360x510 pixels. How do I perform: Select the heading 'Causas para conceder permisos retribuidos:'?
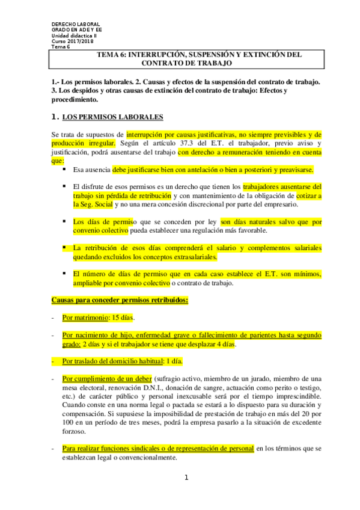tap(120, 299)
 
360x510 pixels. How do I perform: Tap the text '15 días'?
tap(124, 317)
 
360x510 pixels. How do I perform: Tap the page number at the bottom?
tap(186, 478)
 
